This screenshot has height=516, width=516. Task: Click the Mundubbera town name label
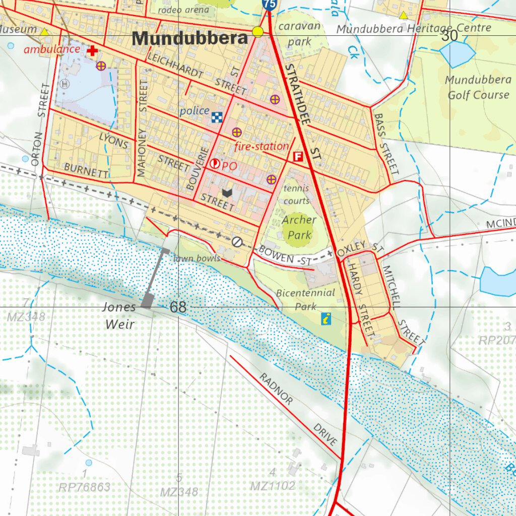(190, 38)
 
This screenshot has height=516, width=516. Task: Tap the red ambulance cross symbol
(92, 51)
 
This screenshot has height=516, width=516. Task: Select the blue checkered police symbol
(217, 117)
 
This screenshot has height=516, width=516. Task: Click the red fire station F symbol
(298, 157)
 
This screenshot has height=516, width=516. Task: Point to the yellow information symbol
(327, 318)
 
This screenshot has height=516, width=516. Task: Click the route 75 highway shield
(269, 4)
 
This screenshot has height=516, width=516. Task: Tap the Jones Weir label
(119, 315)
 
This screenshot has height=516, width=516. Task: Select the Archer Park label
(299, 227)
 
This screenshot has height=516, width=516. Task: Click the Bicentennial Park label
(305, 299)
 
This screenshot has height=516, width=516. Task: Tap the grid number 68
(178, 307)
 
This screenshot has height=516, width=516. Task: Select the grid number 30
(449, 35)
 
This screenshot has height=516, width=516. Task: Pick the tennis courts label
(296, 195)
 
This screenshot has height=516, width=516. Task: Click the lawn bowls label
(197, 259)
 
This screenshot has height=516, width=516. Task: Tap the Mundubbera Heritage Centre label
(413, 29)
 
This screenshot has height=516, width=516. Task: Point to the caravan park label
(299, 34)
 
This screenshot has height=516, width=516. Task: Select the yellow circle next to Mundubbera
(258, 32)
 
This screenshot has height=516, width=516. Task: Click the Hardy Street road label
(361, 300)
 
